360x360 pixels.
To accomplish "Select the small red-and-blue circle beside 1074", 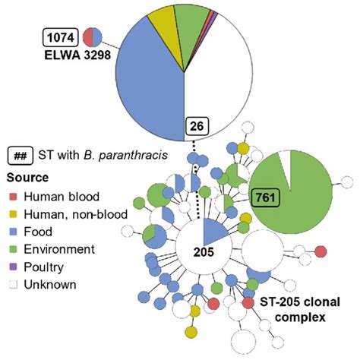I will coord(92,36).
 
